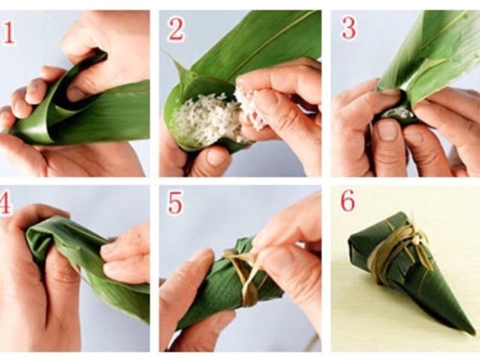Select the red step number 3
349,29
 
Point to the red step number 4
6,203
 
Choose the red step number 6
348,201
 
